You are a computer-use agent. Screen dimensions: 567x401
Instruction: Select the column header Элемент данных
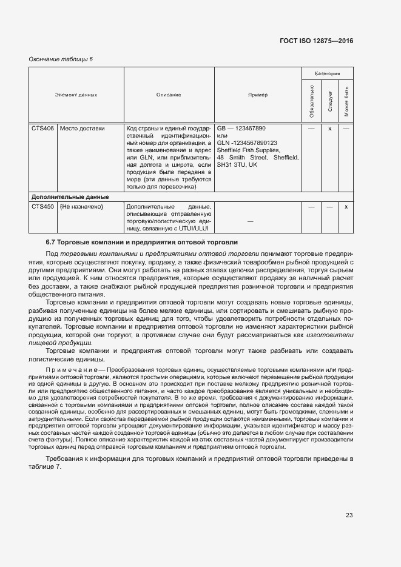[76, 95]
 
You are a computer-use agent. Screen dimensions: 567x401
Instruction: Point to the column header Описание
[169, 95]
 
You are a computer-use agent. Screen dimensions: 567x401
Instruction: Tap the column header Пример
[257, 95]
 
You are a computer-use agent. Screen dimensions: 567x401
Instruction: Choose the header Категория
[328, 72]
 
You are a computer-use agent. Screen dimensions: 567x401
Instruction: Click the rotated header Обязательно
[311, 101]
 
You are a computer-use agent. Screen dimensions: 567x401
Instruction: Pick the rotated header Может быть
[346, 101]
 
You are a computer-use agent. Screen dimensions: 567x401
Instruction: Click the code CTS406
[43, 129]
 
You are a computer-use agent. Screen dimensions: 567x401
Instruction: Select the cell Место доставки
[82, 129]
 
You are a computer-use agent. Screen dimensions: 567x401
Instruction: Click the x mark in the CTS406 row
[329, 129]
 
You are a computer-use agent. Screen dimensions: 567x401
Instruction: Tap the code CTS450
[43, 207]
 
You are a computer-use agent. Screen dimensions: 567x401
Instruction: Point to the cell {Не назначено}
[81, 207]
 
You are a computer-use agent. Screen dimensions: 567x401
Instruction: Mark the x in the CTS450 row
[346, 207]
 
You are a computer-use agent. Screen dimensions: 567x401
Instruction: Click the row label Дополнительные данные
[70, 197]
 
